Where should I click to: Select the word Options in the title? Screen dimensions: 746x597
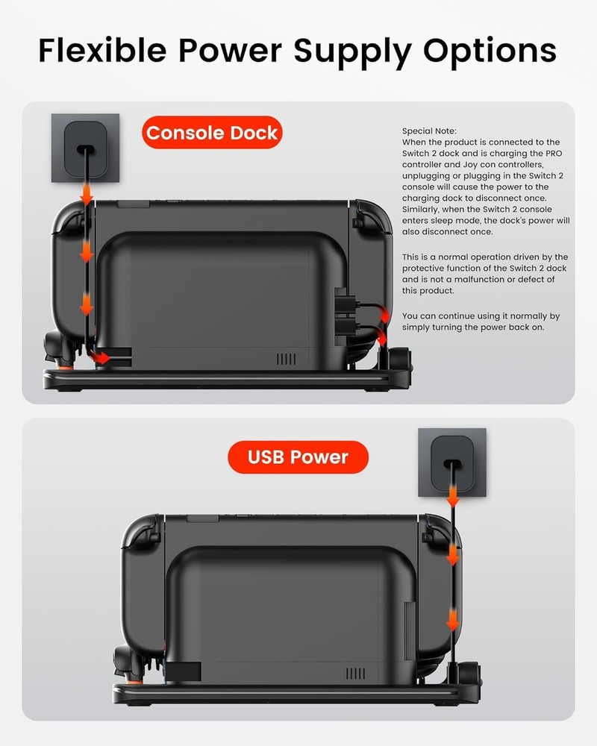click(x=490, y=50)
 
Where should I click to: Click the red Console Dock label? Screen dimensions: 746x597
click(x=212, y=134)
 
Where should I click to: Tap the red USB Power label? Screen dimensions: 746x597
click(x=298, y=457)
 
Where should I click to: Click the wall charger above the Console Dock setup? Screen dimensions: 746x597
click(x=85, y=148)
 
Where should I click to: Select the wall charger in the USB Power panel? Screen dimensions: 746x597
click(x=452, y=463)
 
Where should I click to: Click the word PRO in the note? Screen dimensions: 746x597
click(x=549, y=153)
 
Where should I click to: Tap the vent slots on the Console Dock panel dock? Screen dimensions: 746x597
click(x=286, y=359)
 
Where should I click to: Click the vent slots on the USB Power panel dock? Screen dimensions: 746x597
click(x=353, y=673)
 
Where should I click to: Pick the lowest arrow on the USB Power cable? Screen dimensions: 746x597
click(x=452, y=618)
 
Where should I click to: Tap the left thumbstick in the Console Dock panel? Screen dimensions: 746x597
click(x=56, y=345)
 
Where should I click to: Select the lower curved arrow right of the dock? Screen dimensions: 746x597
click(x=384, y=338)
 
